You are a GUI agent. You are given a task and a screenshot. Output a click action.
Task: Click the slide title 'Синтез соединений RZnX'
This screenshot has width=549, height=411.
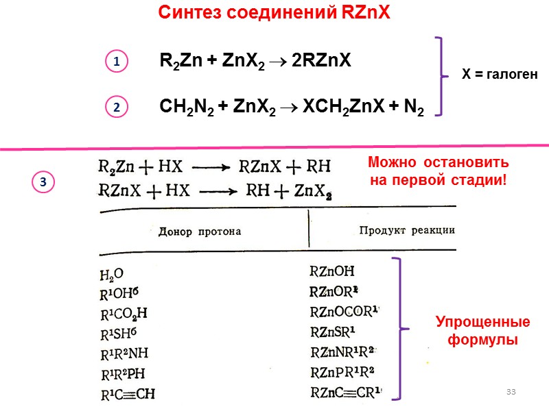pyautogui.click(x=274, y=13)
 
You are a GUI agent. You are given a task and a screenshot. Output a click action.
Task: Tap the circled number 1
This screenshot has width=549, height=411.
pyautogui.click(x=117, y=62)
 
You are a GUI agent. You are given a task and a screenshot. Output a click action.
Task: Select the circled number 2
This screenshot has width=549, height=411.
pyautogui.click(x=117, y=108)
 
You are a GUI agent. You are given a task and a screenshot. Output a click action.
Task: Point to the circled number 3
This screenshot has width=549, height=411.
pyautogui.click(x=43, y=182)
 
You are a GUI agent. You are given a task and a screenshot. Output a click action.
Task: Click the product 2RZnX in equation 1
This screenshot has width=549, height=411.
pyautogui.click(x=321, y=61)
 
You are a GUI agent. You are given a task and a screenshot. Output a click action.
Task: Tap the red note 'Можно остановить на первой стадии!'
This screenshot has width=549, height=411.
pyautogui.click(x=438, y=172)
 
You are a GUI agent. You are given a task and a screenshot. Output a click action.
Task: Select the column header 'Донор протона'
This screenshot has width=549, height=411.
pyautogui.click(x=200, y=232)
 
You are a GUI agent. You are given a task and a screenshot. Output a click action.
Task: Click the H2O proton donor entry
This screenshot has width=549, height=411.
pyautogui.click(x=112, y=275)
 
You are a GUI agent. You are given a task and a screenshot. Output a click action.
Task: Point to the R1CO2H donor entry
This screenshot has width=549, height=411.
pyautogui.click(x=124, y=315)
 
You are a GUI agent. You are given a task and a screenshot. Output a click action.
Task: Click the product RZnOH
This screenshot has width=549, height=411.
pyautogui.click(x=333, y=272)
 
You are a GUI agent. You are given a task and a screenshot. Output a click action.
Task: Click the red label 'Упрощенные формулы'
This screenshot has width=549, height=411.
pyautogui.click(x=483, y=330)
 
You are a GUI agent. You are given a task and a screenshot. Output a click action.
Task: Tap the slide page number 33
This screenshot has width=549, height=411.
pyautogui.click(x=510, y=391)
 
